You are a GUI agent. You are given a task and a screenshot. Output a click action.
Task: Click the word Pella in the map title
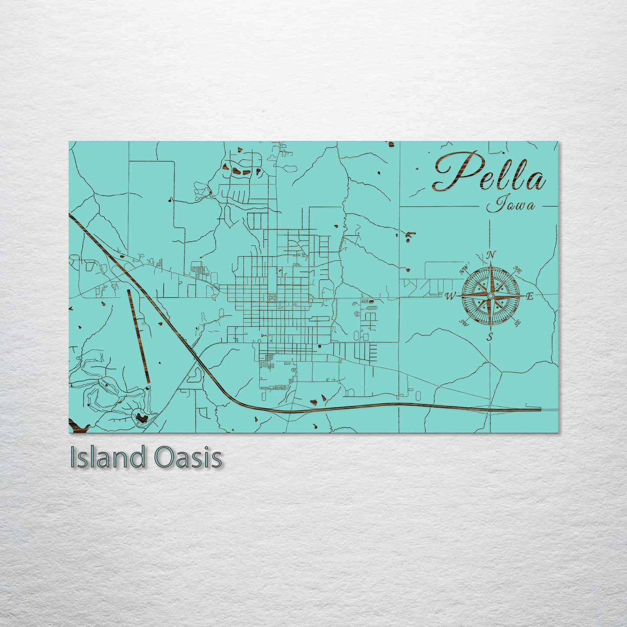490,173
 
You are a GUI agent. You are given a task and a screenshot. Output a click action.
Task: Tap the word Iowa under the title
510,205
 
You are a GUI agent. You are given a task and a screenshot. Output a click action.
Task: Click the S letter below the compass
490,336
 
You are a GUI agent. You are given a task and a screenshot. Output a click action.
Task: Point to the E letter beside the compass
529,297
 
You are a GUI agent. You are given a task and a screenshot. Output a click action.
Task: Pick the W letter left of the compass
450,296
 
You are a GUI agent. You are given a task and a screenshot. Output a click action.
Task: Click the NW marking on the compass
463,270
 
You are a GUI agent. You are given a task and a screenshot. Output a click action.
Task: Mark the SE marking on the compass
517,322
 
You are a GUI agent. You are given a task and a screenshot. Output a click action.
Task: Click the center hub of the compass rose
490,296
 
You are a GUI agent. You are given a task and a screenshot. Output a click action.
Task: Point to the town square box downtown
272,297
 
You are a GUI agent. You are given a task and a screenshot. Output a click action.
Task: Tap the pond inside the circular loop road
141,418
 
